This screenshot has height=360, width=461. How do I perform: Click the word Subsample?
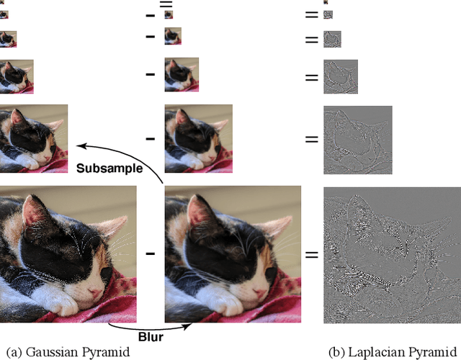pyautogui.click(x=109, y=168)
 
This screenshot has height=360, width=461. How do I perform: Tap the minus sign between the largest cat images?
pyautogui.click(x=150, y=253)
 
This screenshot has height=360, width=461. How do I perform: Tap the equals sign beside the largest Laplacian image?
pyautogui.click(x=311, y=254)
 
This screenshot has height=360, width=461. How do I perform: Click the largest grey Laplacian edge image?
pyautogui.click(x=392, y=253)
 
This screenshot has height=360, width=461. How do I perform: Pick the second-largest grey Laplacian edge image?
pyautogui.click(x=358, y=139)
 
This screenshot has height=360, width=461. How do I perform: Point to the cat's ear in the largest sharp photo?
pyautogui.click(x=32, y=209)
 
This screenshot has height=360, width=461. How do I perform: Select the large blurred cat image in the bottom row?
pyautogui.click(x=232, y=253)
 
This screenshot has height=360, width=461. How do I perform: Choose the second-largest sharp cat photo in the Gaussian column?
pyautogui.click(x=34, y=139)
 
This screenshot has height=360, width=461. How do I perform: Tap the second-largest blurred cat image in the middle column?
pyautogui.click(x=198, y=139)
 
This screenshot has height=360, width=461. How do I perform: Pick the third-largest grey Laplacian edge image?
pyautogui.click(x=341, y=76)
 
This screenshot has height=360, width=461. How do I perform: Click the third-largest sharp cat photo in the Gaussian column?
pyautogui.click(x=17, y=76)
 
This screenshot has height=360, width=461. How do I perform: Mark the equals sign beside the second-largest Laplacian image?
pyautogui.click(x=311, y=139)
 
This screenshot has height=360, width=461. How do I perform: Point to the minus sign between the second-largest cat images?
pyautogui.click(x=150, y=139)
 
